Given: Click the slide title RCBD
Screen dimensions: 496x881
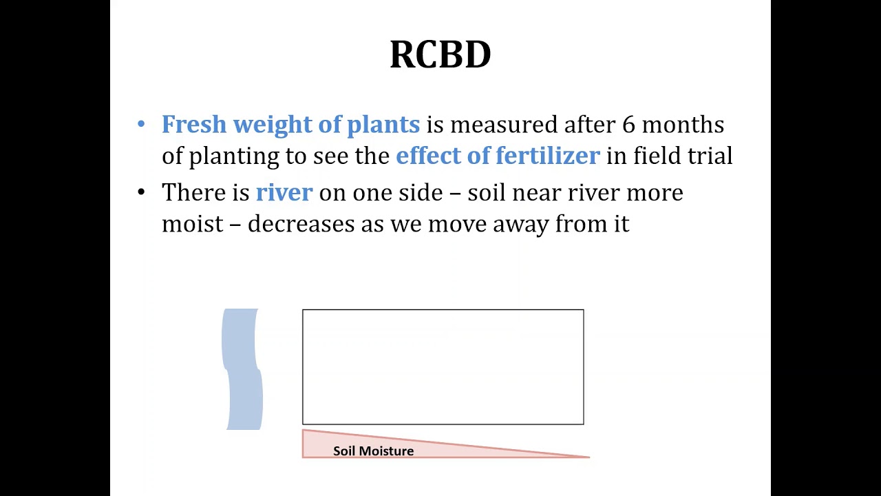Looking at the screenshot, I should [x=440, y=54].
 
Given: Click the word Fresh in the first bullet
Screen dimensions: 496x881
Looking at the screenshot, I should [x=193, y=125].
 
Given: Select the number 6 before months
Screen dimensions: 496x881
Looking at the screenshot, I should [x=628, y=125].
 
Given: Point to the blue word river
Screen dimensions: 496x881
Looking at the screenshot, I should [x=284, y=193].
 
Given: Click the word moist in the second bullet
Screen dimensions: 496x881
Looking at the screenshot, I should [x=192, y=224].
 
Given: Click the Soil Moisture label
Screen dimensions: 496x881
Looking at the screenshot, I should [x=373, y=451].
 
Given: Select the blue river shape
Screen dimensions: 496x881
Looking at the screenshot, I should [x=242, y=369].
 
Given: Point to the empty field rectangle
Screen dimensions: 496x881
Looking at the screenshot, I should [x=443, y=366].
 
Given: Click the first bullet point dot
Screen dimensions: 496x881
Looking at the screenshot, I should [x=141, y=125].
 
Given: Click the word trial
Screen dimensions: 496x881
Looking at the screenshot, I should [x=710, y=156].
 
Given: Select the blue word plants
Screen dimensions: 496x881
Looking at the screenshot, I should [x=383, y=125].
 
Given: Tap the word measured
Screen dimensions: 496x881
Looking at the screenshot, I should [x=503, y=125].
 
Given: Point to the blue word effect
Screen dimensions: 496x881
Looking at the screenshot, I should [x=428, y=156].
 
